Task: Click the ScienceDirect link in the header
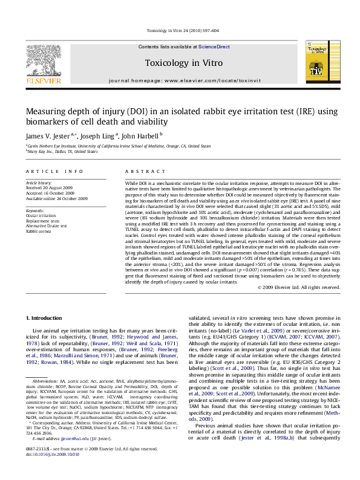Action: tap(214, 47)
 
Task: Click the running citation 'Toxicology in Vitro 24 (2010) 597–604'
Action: tap(180, 31)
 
